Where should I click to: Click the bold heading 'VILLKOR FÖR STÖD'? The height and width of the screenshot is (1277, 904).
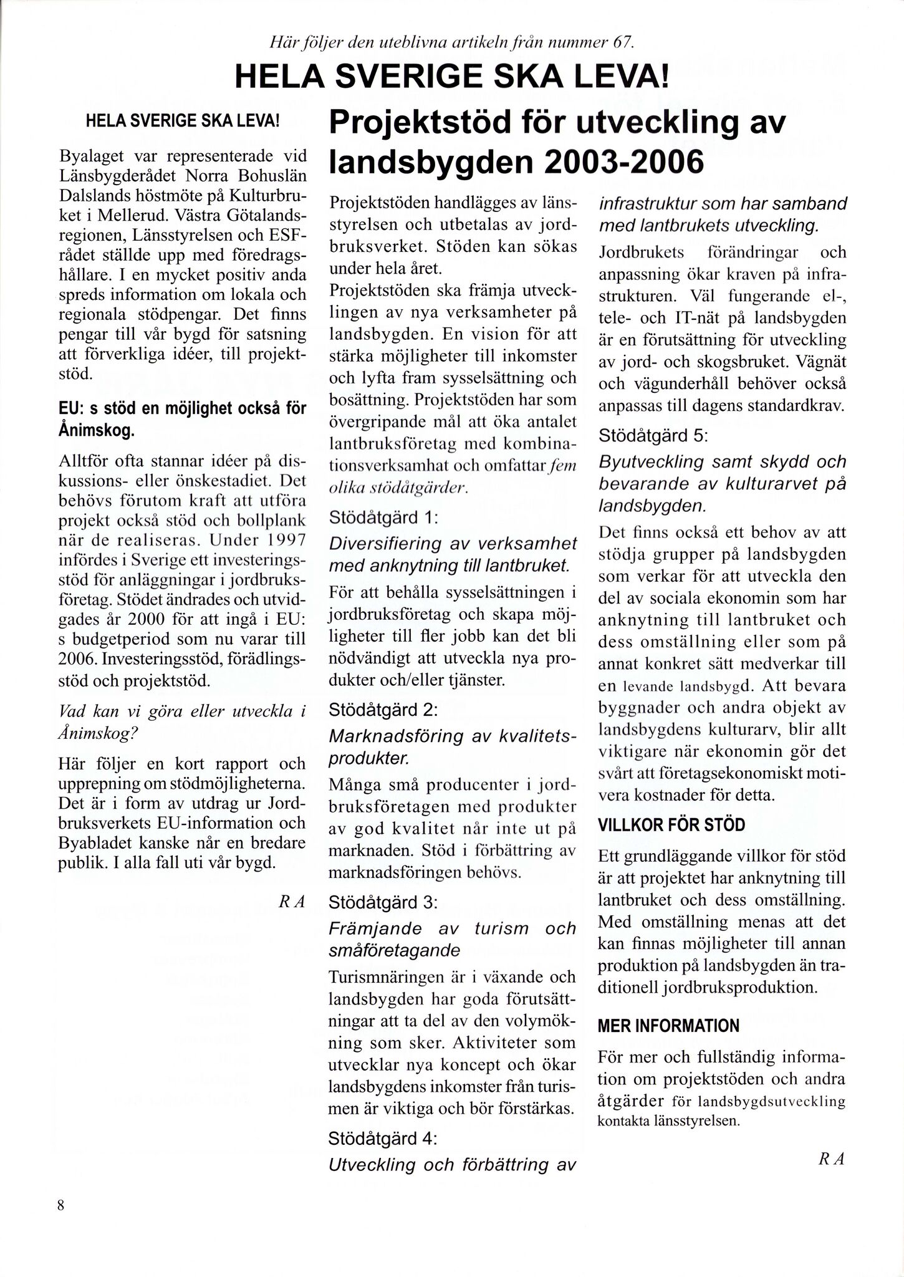click(671, 825)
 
